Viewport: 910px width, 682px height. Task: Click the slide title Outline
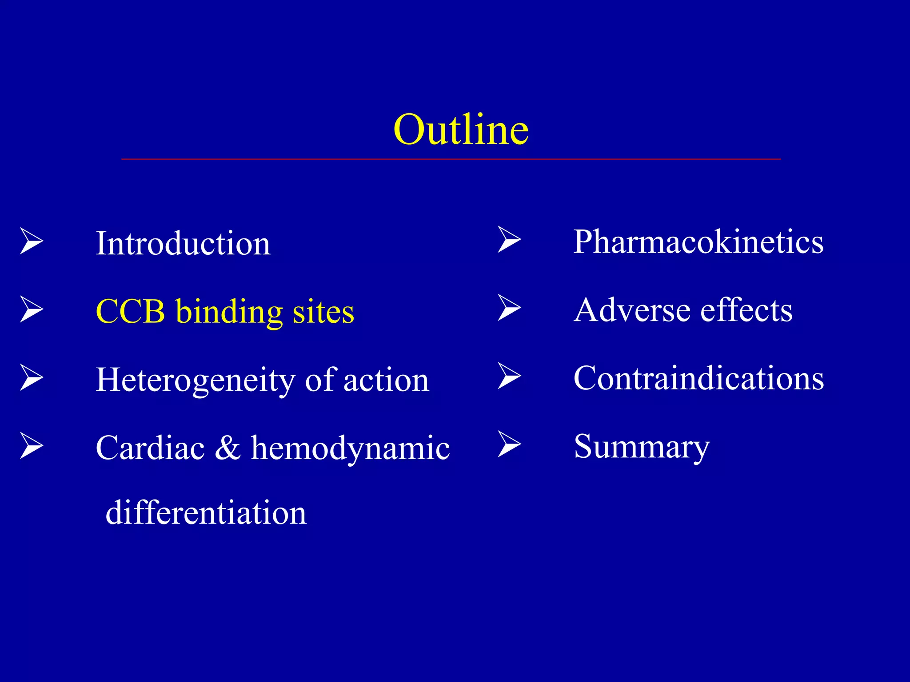click(461, 130)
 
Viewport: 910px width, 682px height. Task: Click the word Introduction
click(183, 243)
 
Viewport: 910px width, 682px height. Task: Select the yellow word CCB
click(130, 311)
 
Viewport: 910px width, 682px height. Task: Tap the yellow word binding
click(229, 312)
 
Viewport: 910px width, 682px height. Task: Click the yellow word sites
click(323, 312)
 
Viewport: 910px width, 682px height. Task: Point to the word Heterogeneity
click(195, 381)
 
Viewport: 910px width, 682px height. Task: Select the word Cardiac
click(150, 448)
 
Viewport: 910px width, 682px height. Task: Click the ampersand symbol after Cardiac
click(227, 448)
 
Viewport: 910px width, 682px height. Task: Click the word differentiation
click(206, 512)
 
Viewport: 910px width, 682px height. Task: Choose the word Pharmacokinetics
click(698, 242)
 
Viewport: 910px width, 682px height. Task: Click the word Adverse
click(631, 310)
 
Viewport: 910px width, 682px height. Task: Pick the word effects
click(746, 310)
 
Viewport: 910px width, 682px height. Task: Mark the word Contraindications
click(698, 378)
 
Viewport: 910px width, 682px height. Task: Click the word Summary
click(641, 447)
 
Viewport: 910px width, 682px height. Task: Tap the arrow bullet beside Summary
click(509, 444)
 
